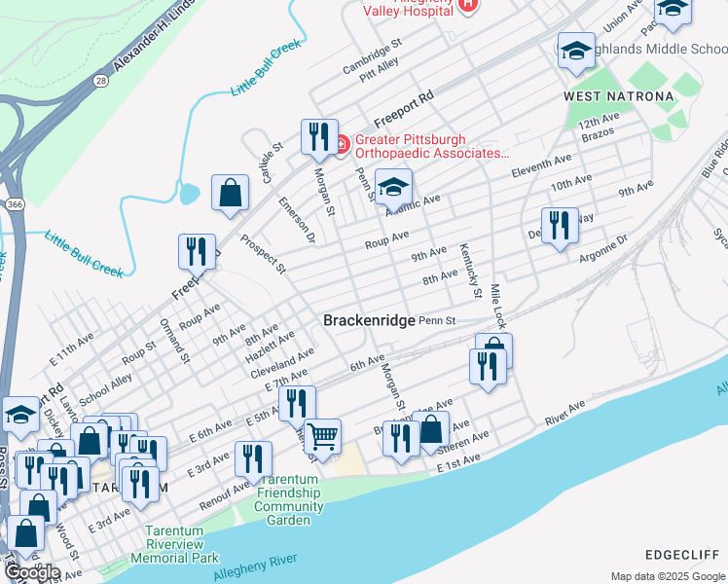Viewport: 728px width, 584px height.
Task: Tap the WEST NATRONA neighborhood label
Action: (618, 96)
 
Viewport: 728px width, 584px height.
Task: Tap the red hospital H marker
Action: (468, 4)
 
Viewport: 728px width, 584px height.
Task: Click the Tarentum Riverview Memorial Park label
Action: (181, 545)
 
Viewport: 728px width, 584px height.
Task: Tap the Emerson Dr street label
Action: (297, 220)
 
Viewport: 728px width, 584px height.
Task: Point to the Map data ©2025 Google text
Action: (667, 576)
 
